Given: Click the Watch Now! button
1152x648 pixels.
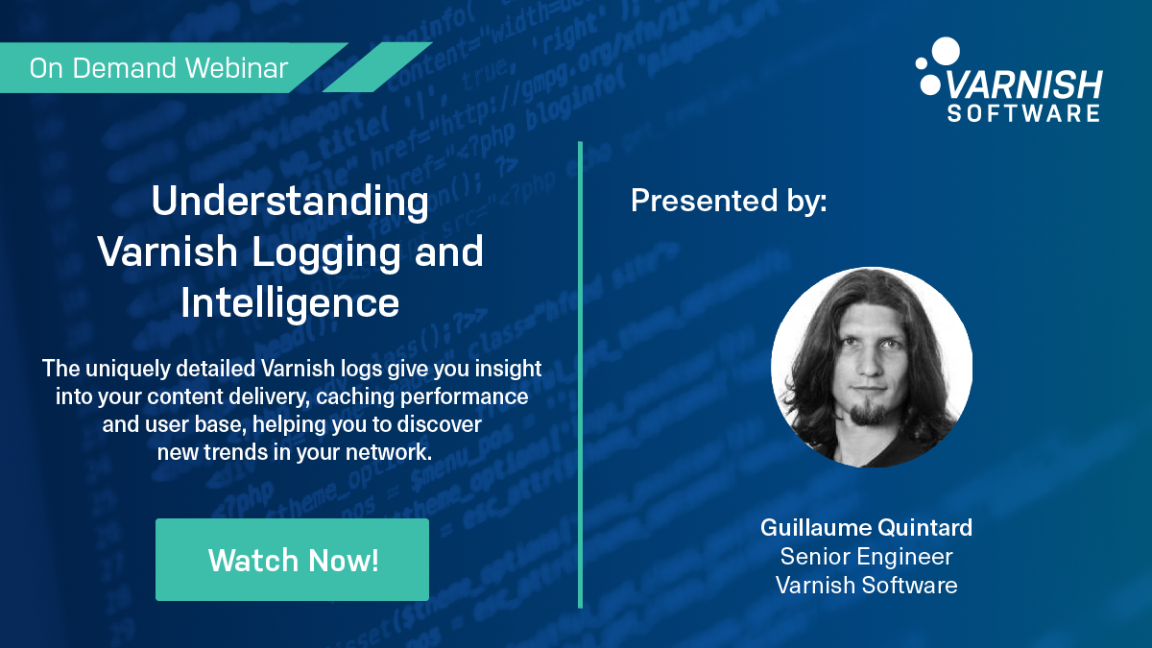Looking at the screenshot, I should [x=292, y=560].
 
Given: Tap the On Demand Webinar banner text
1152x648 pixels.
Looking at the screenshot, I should [x=158, y=69].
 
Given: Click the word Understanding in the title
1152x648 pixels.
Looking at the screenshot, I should [x=290, y=204].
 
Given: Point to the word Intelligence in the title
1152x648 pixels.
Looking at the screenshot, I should [x=290, y=302].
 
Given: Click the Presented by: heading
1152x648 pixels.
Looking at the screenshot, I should [x=729, y=201].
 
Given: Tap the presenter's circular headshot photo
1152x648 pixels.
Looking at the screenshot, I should [x=872, y=367].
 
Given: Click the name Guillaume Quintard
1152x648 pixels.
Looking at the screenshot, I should [x=866, y=528].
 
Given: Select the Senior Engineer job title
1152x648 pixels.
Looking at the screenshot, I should [x=866, y=556].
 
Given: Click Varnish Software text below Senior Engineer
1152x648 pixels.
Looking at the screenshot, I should [x=866, y=585].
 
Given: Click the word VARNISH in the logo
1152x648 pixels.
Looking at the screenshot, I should [x=1024, y=85].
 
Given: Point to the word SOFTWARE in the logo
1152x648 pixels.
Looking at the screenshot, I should [x=1023, y=113].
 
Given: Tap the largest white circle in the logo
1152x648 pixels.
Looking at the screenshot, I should [x=946, y=51].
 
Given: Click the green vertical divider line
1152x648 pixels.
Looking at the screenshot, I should [x=580, y=374].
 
